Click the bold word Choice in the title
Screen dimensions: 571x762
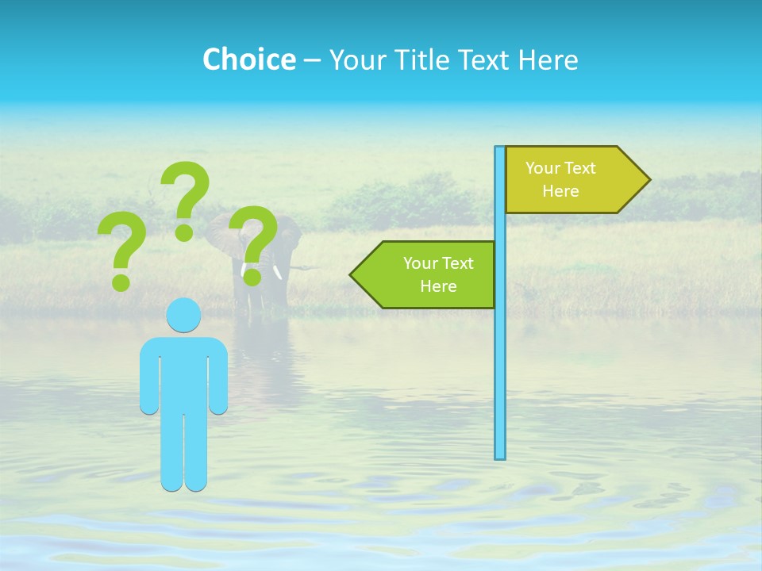(248, 59)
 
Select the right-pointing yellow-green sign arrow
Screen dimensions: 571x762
(571, 180)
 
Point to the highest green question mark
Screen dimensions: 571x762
(187, 190)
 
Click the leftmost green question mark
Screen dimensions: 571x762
(121, 246)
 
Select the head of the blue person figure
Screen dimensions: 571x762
(183, 315)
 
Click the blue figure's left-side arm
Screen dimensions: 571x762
(148, 377)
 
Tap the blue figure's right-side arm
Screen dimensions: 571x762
(219, 377)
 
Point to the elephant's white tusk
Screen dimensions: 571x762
(279, 273)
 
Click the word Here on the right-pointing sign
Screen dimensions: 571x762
(560, 191)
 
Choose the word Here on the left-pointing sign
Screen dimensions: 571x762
(438, 286)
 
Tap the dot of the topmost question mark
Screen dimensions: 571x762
(184, 232)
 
